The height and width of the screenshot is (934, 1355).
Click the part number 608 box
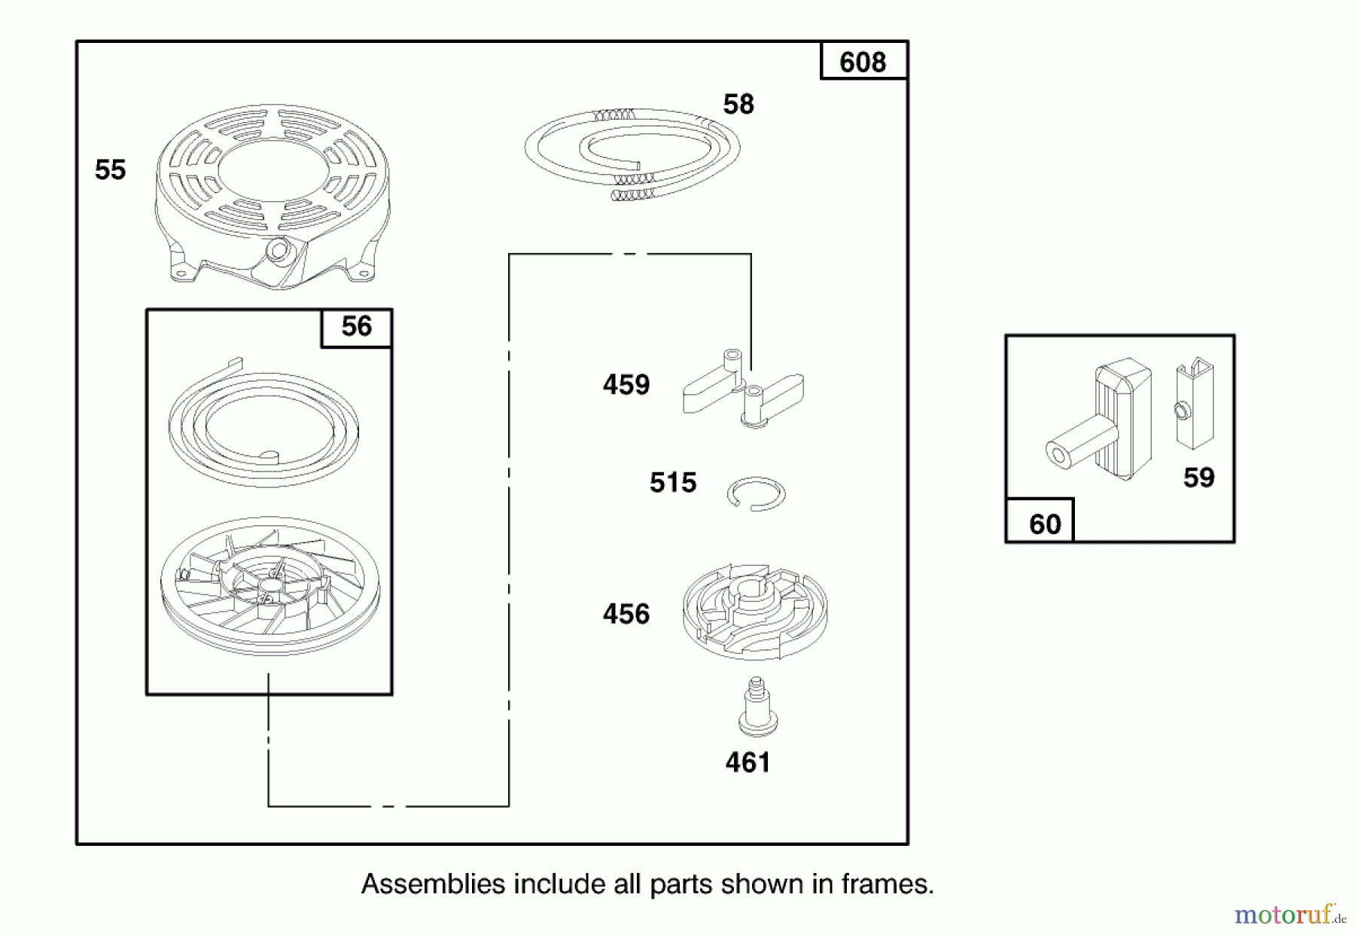863,61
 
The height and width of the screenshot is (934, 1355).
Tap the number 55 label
110,169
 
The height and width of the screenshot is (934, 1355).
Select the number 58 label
738,104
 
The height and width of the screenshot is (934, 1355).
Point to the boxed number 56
357,327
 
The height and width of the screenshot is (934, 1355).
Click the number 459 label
626,385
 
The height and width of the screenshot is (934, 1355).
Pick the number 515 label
673,483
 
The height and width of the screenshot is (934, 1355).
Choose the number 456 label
626,614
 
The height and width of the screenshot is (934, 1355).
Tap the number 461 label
748,762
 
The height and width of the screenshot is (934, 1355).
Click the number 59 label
1198,478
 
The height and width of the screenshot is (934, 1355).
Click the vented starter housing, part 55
273,197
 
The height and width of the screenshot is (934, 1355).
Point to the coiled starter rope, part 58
632,155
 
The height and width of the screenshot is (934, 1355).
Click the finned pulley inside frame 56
270,585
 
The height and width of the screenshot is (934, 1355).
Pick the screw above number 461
757,707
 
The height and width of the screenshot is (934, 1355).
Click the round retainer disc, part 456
755,610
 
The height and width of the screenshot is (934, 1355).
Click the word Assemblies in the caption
433,884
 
